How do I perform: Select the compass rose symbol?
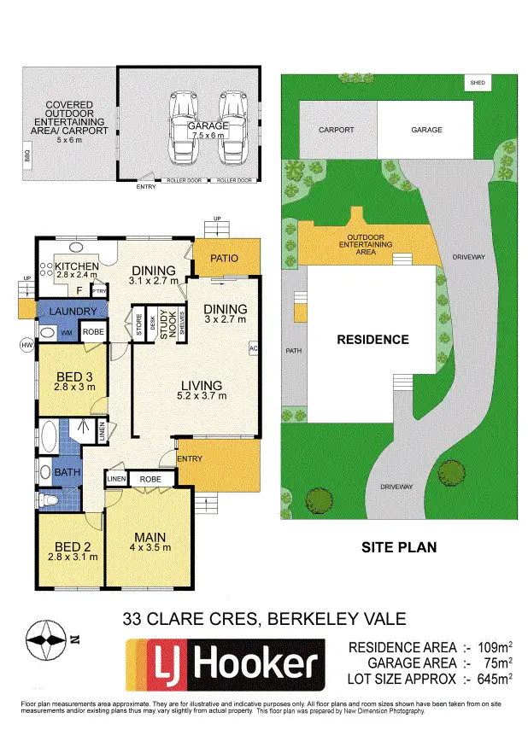pyautogui.click(x=45, y=639)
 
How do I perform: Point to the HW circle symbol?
pyautogui.click(x=26, y=344)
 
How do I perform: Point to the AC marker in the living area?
pyautogui.click(x=253, y=348)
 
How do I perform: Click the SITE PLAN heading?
pyautogui.click(x=399, y=547)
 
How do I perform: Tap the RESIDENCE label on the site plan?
pyautogui.click(x=373, y=339)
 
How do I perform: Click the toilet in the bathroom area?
pyautogui.click(x=50, y=499)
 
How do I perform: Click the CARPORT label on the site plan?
pyautogui.click(x=337, y=130)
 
